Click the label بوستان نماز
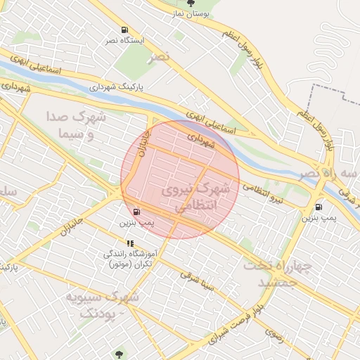191,13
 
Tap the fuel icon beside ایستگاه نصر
124,30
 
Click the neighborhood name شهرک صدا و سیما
75,124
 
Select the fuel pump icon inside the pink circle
136,211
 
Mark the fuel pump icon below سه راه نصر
319,207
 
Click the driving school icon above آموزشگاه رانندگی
131,243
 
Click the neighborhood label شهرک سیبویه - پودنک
102,304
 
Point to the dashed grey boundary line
330,89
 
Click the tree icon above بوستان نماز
191,3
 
